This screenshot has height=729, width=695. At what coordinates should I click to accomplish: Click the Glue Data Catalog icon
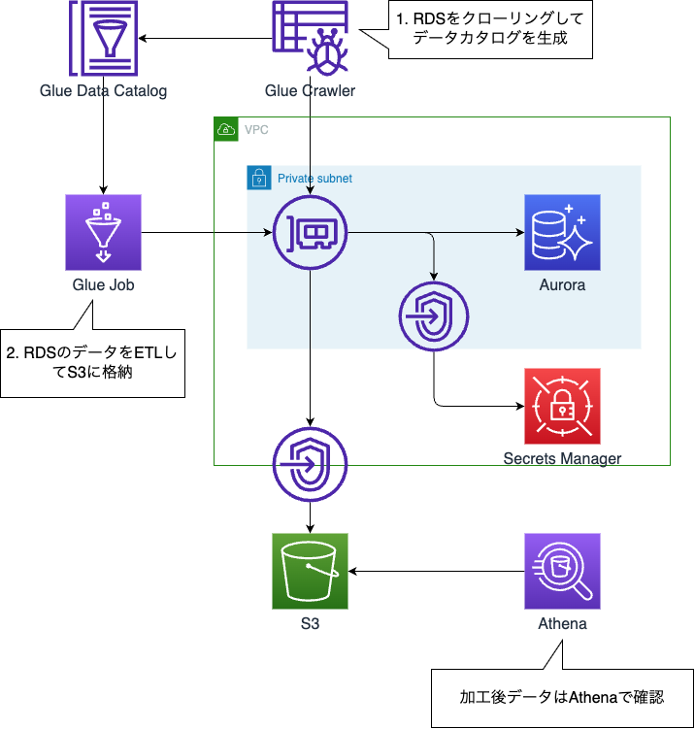pyautogui.click(x=103, y=39)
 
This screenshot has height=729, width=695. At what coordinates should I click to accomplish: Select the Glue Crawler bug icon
pyautogui.click(x=310, y=39)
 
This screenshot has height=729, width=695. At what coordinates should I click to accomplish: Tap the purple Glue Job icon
pyautogui.click(x=103, y=233)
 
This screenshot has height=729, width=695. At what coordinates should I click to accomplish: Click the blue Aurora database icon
pyautogui.click(x=562, y=233)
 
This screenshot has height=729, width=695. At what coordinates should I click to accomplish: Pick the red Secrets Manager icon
pyautogui.click(x=562, y=406)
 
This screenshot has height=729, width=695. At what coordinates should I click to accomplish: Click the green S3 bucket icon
pyautogui.click(x=310, y=571)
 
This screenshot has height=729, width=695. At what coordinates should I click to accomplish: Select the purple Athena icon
pyautogui.click(x=562, y=571)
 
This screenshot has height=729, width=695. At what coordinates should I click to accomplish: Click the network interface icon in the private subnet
pyautogui.click(x=310, y=234)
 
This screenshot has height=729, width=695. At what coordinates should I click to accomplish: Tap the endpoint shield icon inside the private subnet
pyautogui.click(x=434, y=316)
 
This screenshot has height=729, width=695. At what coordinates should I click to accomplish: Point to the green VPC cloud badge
pyautogui.click(x=226, y=129)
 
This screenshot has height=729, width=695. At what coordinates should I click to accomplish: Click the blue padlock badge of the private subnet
pyautogui.click(x=259, y=178)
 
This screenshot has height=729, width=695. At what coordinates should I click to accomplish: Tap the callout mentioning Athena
pyautogui.click(x=562, y=697)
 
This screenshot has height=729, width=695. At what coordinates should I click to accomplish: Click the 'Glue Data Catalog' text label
pyautogui.click(x=103, y=91)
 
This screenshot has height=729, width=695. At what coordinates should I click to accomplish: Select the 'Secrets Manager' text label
pyautogui.click(x=562, y=458)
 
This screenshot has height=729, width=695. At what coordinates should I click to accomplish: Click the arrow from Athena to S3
pyautogui.click(x=437, y=571)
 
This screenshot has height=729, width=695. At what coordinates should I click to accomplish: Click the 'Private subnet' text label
pyautogui.click(x=314, y=179)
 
